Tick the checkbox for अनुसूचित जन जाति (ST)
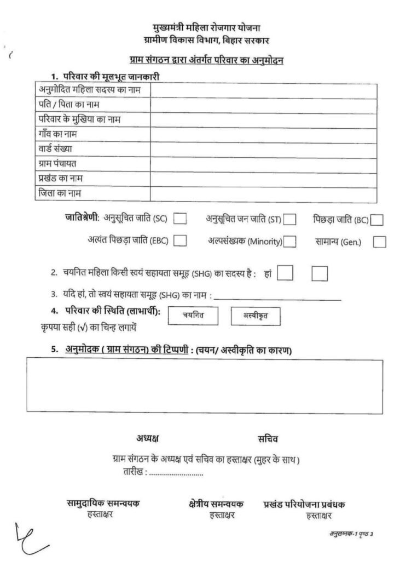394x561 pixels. click(x=290, y=220)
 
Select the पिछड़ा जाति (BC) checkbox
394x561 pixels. click(x=376, y=220)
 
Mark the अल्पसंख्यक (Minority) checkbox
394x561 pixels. click(x=290, y=241)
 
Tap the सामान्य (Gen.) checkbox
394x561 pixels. click(x=379, y=241)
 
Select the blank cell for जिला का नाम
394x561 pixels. click(x=263, y=194)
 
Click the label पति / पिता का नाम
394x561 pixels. click(x=68, y=104)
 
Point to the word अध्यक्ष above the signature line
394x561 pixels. click(x=148, y=439)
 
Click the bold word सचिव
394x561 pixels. click(x=268, y=439)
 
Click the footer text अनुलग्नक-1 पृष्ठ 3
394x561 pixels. click(x=350, y=534)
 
